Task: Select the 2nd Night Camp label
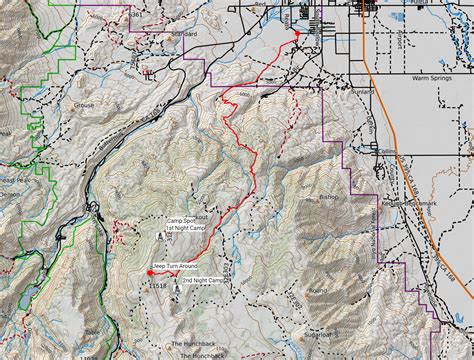click(207, 281)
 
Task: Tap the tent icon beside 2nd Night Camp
click(177, 284)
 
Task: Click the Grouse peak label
click(83, 104)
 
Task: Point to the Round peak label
click(318, 291)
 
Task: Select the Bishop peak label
click(330, 197)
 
